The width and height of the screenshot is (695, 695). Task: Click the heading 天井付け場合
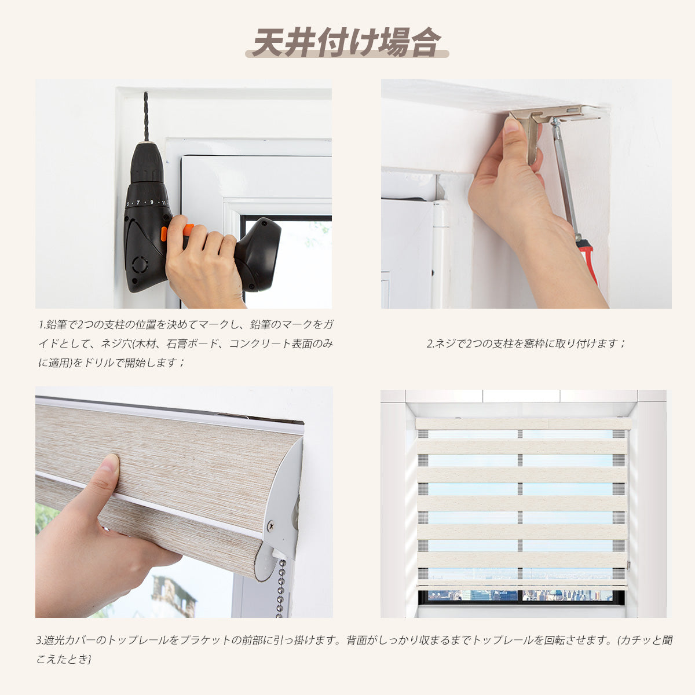tap(347, 42)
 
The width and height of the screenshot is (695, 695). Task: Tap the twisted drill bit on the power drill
tap(146, 116)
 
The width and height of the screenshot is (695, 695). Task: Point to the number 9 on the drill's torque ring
tap(152, 202)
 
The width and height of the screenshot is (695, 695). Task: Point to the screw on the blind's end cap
tap(270, 526)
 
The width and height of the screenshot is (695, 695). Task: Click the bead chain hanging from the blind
tap(281, 588)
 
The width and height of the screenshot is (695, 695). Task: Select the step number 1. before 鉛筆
tap(42, 324)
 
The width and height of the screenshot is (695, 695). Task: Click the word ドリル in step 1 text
tap(98, 363)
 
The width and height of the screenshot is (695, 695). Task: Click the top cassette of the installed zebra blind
tap(522, 424)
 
